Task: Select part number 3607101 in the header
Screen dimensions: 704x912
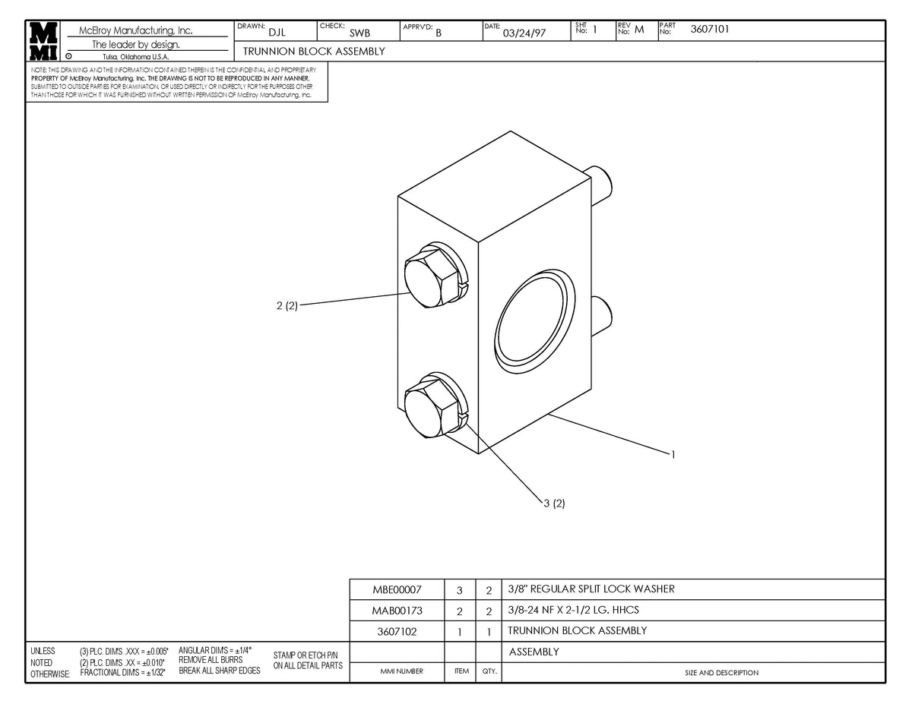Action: pos(711,30)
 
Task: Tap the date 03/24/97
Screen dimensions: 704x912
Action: pos(524,33)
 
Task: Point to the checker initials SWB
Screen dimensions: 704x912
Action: pos(359,33)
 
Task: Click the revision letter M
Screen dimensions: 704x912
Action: pos(639,30)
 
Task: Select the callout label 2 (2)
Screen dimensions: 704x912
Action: pos(287,305)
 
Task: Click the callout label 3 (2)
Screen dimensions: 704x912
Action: pos(554,503)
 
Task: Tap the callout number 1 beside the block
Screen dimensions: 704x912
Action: pos(673,455)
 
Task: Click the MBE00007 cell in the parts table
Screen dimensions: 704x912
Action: pos(397,589)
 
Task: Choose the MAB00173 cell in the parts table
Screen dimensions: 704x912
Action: pos(397,610)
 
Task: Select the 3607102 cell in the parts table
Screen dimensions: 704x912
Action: pos(397,630)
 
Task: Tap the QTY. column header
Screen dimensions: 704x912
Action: pos(489,672)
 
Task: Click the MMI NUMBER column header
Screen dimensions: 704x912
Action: pos(401,672)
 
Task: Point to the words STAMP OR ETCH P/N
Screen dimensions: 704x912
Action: pos(306,655)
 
